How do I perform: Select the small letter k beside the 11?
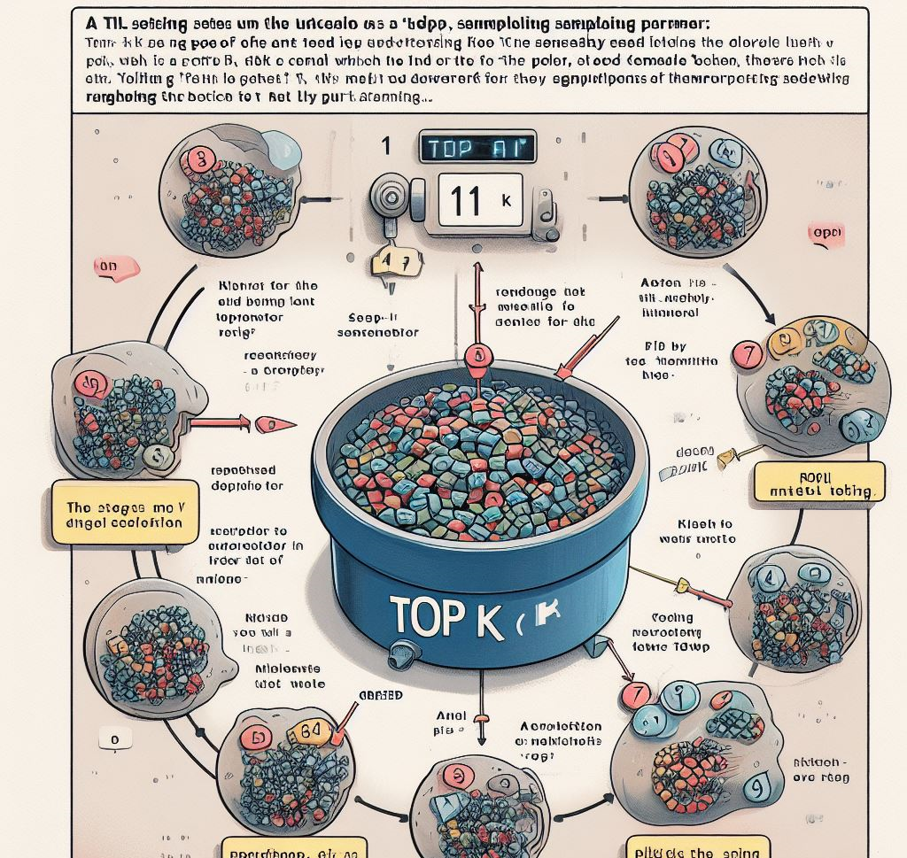pyautogui.click(x=507, y=201)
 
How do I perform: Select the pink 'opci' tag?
pyautogui.click(x=826, y=235)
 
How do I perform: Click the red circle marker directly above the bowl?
pyautogui.click(x=477, y=357)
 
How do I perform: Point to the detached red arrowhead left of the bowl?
pyautogui.click(x=268, y=425)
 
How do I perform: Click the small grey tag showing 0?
pyautogui.click(x=115, y=738)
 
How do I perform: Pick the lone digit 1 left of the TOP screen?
pyautogui.click(x=384, y=146)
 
